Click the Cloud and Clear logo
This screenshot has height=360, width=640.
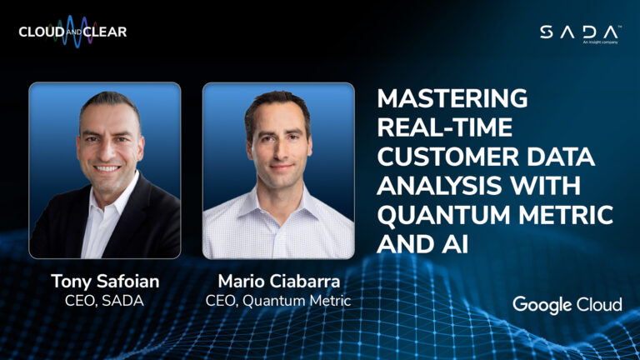[x=72, y=32]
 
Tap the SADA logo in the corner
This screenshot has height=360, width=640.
[x=580, y=33]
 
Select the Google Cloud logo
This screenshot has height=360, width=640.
[x=567, y=305]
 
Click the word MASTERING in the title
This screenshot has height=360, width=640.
[x=452, y=98]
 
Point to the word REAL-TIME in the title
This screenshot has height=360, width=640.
[x=444, y=127]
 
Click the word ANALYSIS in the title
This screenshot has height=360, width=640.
[x=439, y=186]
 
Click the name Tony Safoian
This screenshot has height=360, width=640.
[x=105, y=282]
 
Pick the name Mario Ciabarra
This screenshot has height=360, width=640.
[x=279, y=281]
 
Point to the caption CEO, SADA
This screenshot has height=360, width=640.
[x=104, y=301]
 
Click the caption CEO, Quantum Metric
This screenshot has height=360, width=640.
[x=278, y=301]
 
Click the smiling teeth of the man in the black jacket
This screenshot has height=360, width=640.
[x=107, y=168]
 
